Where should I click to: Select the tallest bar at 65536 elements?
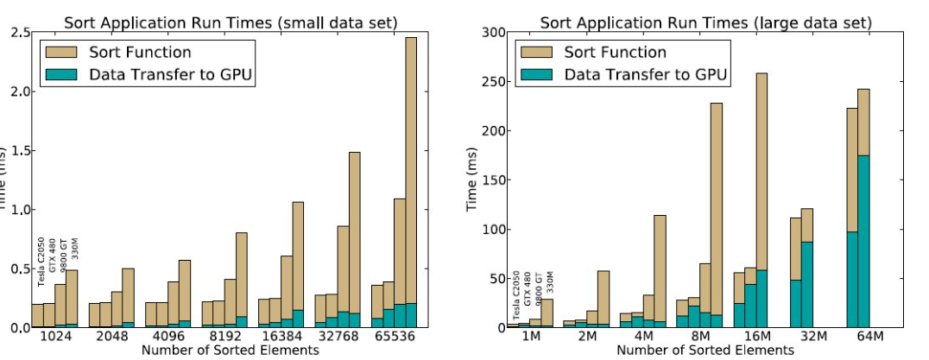(411, 181)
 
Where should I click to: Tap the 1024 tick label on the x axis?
(54, 337)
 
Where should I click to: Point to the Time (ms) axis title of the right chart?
(471, 180)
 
